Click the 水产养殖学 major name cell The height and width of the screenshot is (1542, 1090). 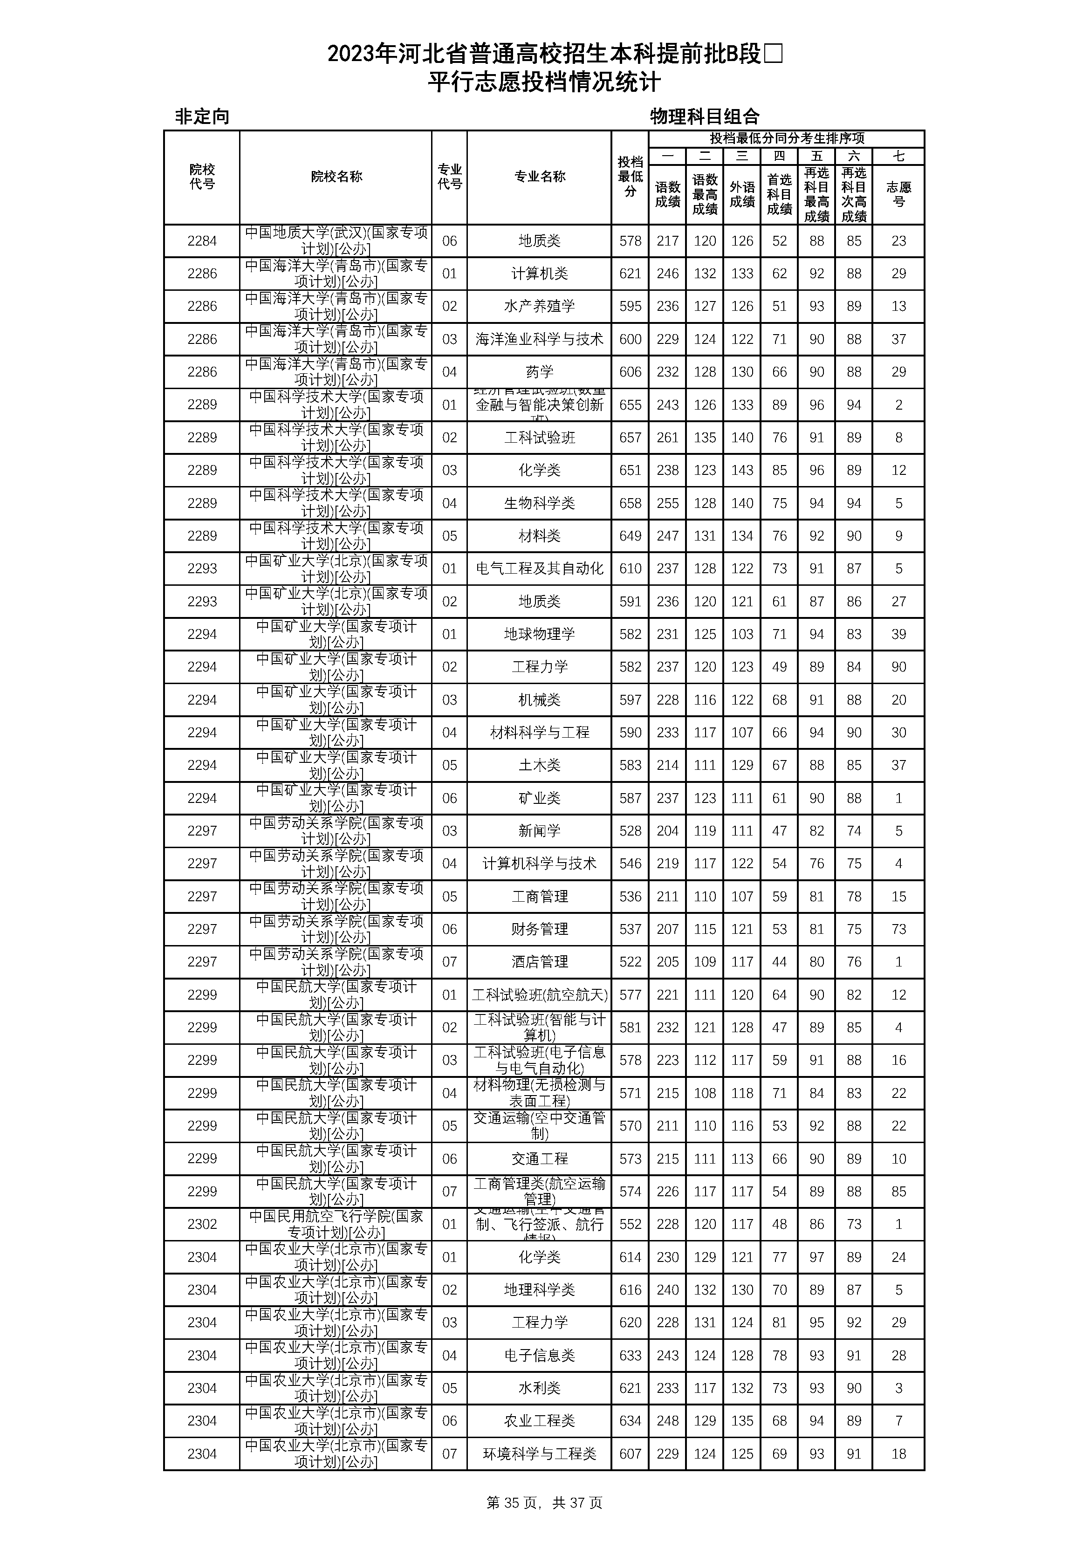pos(539,306)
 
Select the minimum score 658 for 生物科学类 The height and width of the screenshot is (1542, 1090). pos(630,503)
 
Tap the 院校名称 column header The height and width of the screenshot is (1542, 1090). pos(336,177)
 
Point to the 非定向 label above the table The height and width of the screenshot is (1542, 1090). pos(202,117)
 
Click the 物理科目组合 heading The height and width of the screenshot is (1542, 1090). pos(705,117)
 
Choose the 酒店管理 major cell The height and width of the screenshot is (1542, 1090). pos(539,962)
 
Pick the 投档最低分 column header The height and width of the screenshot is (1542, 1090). pos(630,177)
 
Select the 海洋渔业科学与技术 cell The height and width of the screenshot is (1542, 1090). pos(539,339)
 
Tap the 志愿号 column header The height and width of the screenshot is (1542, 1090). pos(898,194)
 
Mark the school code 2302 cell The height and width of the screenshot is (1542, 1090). pos(202,1224)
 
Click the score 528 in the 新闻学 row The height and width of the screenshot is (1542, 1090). pos(630,831)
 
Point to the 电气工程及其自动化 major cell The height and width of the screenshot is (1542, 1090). pos(539,569)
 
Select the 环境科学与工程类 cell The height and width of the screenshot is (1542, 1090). pos(539,1454)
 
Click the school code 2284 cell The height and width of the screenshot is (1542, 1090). pos(202,241)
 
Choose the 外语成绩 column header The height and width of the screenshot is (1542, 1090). pos(742,194)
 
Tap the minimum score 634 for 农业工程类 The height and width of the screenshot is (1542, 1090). pos(630,1421)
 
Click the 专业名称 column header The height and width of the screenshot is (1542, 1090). pos(539,177)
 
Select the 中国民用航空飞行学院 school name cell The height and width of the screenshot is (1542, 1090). pos(336,1224)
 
